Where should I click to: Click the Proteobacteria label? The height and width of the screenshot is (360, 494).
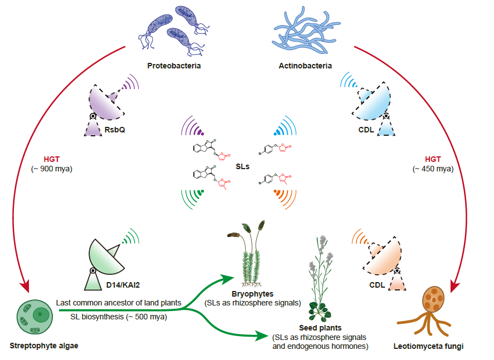point(174,66)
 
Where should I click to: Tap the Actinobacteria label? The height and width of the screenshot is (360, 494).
point(305,66)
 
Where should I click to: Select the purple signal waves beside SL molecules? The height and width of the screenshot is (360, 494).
point(193,129)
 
